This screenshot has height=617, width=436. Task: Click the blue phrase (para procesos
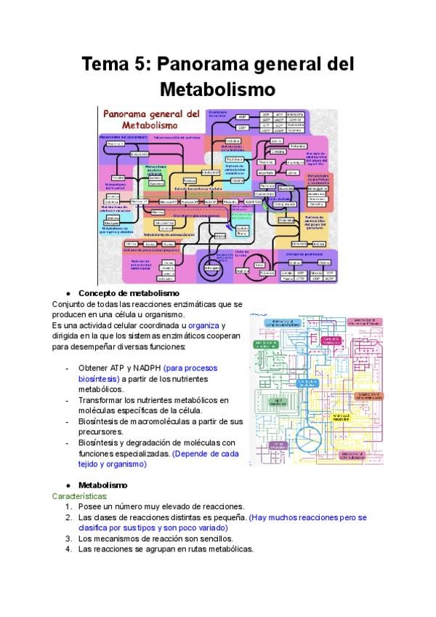pos(190,368)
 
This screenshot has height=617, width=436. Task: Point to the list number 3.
pos(68,538)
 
